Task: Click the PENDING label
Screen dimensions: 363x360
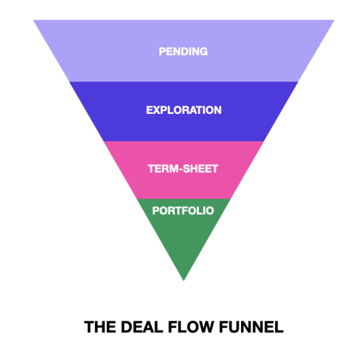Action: [x=183, y=52]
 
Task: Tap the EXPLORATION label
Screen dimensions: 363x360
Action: [x=184, y=110]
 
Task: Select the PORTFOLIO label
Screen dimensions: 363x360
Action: [x=183, y=210]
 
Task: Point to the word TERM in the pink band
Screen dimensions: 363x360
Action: [x=163, y=168]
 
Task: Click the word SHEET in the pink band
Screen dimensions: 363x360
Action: [x=200, y=168]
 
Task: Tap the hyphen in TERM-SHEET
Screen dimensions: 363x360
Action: [x=181, y=169]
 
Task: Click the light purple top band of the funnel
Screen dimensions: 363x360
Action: [x=184, y=51]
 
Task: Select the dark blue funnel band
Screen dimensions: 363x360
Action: [x=184, y=112]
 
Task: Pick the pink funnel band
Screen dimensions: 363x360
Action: [x=184, y=170]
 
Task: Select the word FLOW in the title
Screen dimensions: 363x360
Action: [x=191, y=327]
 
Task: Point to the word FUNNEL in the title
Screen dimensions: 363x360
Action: [x=251, y=327]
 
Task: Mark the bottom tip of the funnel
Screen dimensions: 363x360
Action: [x=184, y=281]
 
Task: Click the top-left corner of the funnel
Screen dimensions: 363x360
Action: [x=33, y=20]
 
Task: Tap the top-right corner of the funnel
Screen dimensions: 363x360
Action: [x=335, y=20]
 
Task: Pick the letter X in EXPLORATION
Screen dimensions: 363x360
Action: [x=157, y=110]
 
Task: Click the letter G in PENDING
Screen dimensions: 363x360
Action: [x=203, y=52]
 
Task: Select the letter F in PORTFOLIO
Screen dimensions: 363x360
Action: [x=184, y=210]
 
